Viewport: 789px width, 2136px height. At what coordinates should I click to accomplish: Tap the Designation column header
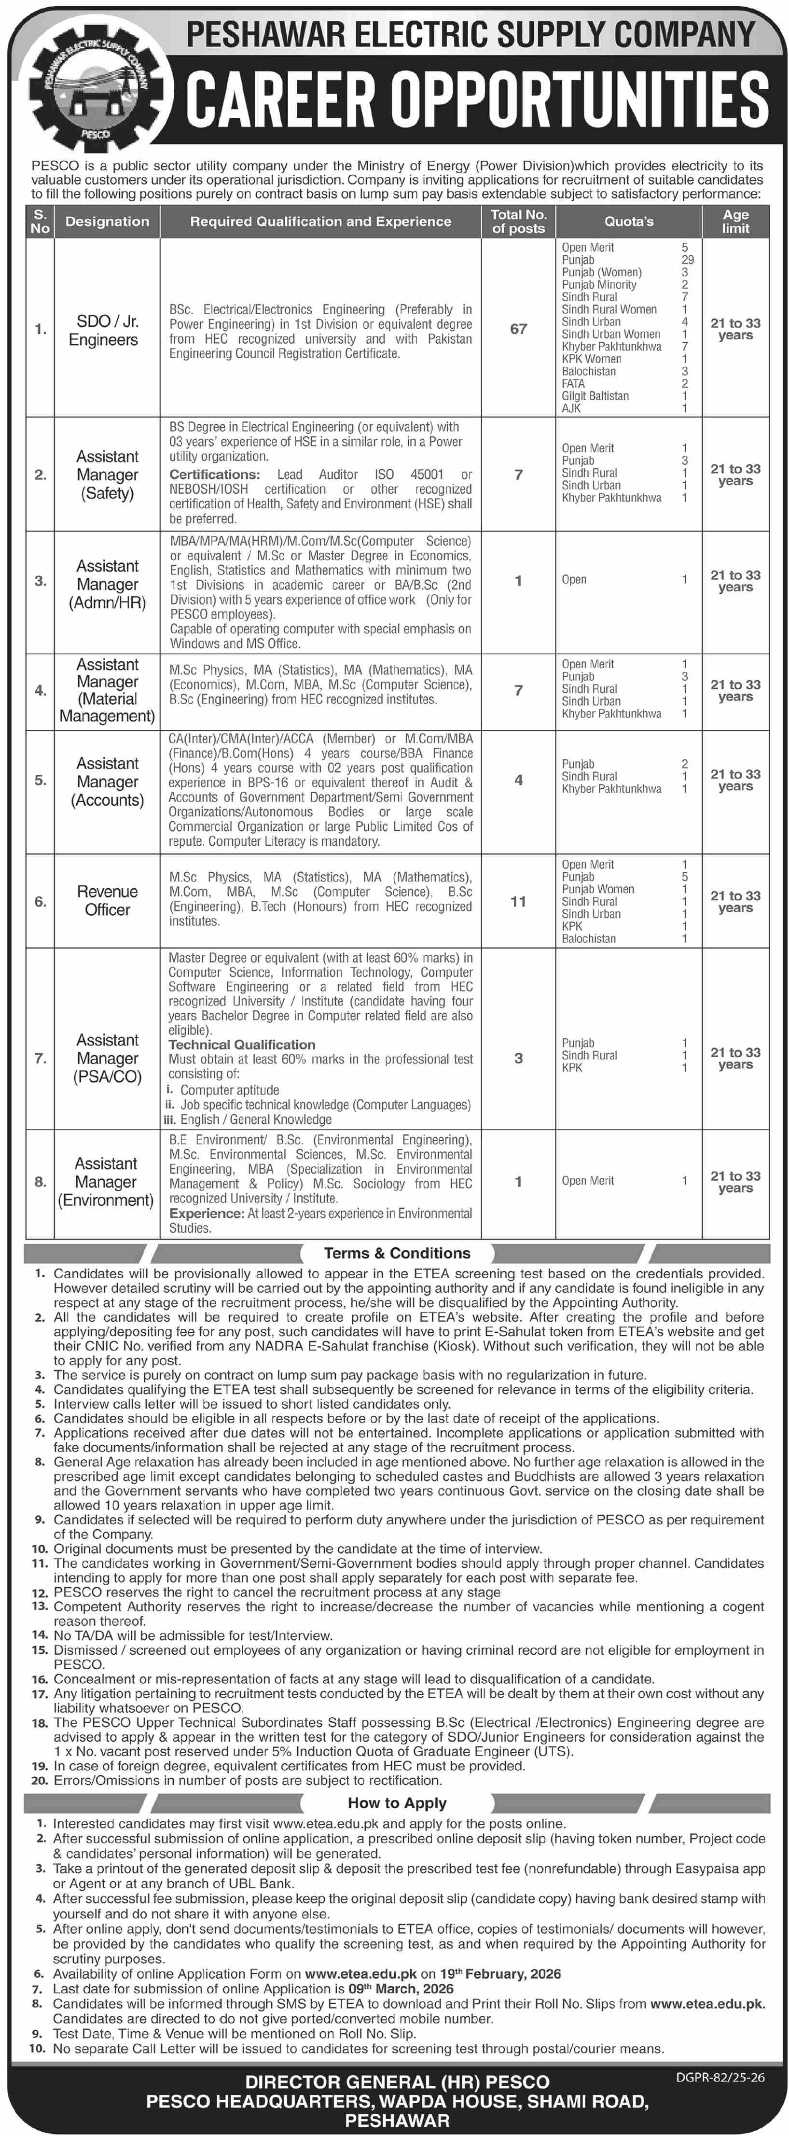pos(107,222)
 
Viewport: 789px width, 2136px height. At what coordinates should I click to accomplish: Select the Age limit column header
pos(735,222)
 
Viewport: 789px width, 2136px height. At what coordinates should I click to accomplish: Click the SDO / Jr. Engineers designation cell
pos(104,330)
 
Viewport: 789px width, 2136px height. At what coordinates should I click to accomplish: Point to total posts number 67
pos(518,329)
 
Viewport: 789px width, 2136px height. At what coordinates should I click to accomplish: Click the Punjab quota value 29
pos(687,260)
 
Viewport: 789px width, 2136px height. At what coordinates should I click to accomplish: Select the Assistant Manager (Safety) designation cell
pos(107,475)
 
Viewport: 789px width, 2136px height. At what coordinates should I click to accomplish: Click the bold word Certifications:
pos(215,475)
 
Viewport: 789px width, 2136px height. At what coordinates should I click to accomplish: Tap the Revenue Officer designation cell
pos(107,901)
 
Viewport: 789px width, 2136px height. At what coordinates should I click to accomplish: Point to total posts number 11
pos(518,901)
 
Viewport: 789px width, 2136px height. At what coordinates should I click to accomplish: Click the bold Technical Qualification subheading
pos(242,1045)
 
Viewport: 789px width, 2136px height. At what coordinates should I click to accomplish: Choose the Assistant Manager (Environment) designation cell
pos(105,1182)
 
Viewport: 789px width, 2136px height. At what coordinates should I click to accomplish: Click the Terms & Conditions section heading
pos(397,1253)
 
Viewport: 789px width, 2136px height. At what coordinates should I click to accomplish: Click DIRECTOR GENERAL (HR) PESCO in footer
pos(397,2082)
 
